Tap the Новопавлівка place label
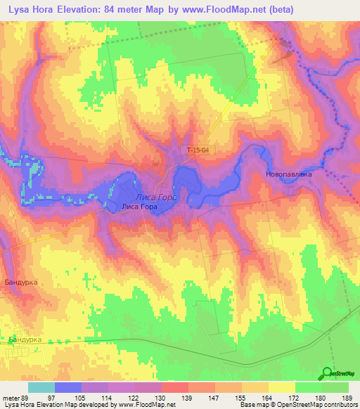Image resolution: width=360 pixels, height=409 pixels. (288, 174)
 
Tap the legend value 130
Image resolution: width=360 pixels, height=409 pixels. (161, 398)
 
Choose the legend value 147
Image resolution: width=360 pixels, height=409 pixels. (214, 398)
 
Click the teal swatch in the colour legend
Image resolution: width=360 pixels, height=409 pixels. (41, 387)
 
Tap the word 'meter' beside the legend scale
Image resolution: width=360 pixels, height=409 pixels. (12, 398)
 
